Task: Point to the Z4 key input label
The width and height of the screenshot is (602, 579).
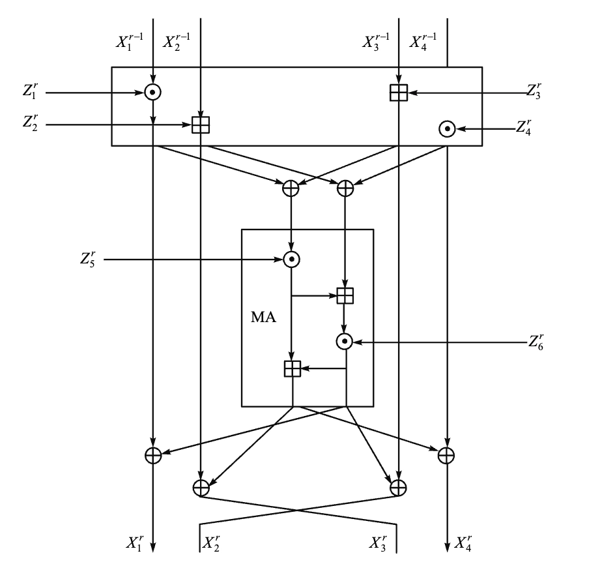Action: [x=525, y=127]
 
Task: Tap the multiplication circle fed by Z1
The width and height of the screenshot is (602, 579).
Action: [x=152, y=92]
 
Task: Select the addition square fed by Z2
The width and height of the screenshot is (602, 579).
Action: [x=201, y=124]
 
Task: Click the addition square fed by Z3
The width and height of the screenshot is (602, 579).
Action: [x=398, y=93]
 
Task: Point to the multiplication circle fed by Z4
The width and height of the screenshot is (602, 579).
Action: [x=447, y=128]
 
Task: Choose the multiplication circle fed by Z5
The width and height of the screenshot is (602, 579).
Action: [x=292, y=260]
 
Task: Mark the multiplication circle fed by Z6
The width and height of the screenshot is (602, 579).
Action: [x=345, y=341]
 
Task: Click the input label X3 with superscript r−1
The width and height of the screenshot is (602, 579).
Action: [x=376, y=42]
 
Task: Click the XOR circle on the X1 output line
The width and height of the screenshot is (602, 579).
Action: [x=152, y=455]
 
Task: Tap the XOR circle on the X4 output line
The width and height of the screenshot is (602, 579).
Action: [x=446, y=455]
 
